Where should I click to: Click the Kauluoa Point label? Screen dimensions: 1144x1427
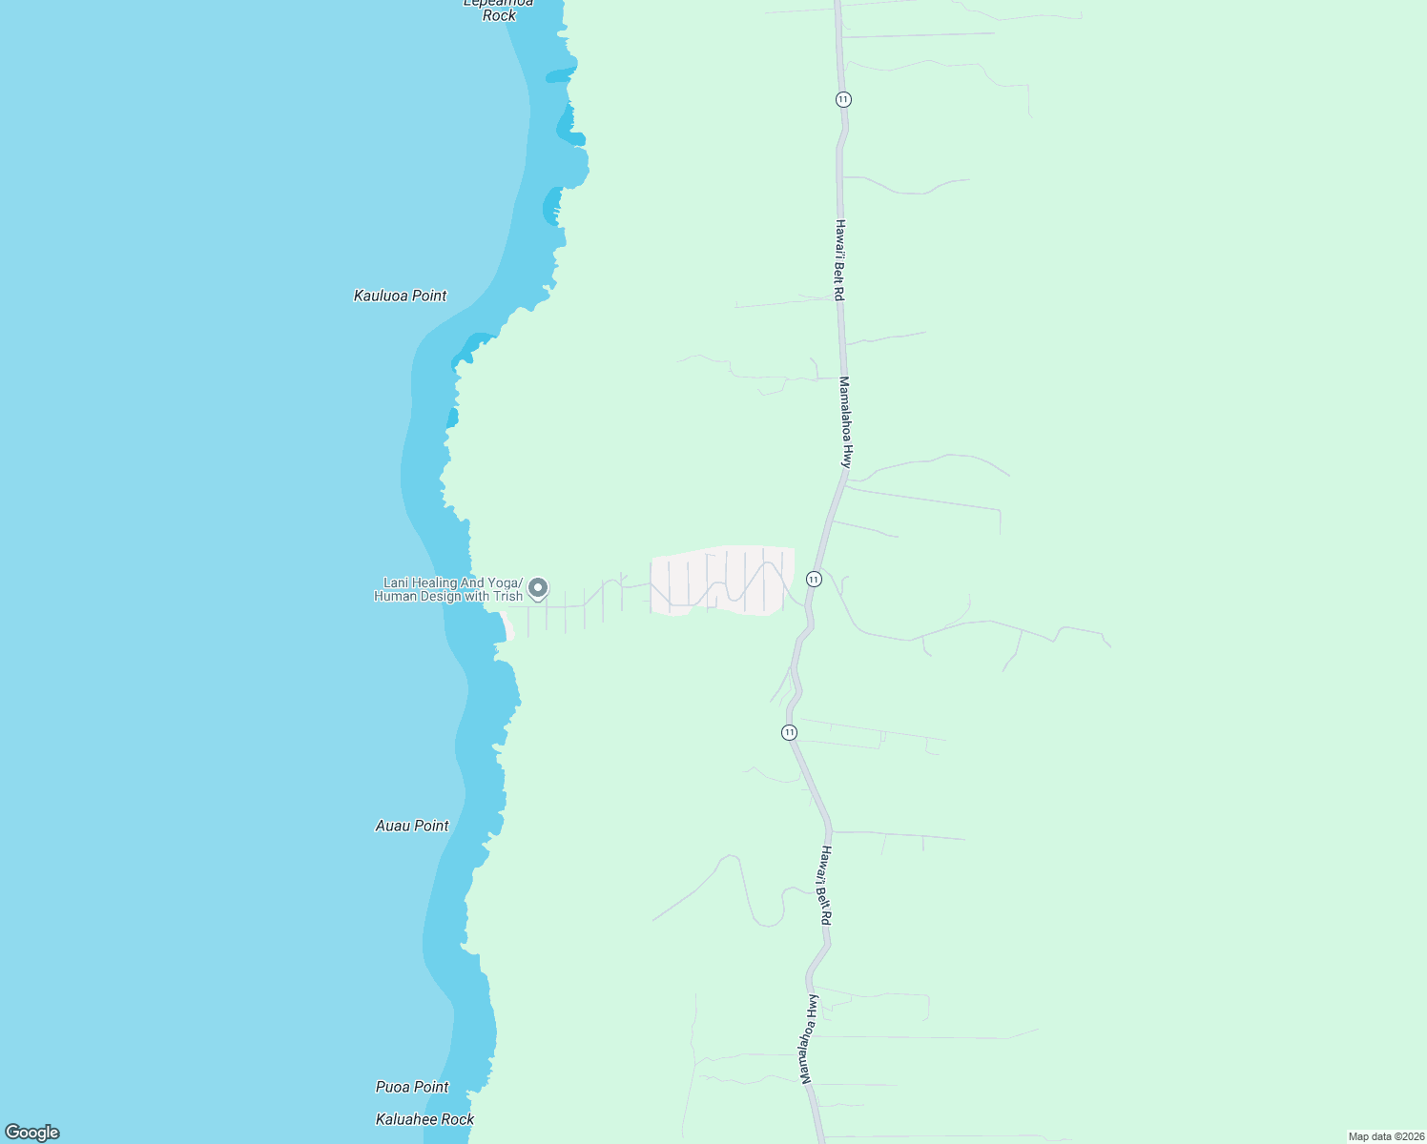pos(400,296)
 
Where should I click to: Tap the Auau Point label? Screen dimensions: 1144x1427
pos(412,826)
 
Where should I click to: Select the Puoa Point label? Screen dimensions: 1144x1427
pos(412,1087)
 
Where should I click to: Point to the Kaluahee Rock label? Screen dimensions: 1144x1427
pos(424,1119)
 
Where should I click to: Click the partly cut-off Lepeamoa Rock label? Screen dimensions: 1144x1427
pos(499,9)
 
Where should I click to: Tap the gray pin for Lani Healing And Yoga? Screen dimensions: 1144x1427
pos(538,588)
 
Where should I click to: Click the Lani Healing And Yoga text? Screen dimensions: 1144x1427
pos(452,582)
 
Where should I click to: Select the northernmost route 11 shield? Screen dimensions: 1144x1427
pos(843,99)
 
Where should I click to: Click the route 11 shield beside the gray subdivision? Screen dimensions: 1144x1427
pos(814,579)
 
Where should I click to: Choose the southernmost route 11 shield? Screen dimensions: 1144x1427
pos(789,732)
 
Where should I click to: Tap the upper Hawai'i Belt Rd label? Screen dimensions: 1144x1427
pos(839,261)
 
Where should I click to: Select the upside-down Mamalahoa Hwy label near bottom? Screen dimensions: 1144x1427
pos(809,1039)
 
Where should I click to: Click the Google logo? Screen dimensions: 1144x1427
pos(32,1133)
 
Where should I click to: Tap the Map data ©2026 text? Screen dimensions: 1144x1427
pos(1385,1136)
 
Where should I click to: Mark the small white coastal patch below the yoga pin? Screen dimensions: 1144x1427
pos(508,629)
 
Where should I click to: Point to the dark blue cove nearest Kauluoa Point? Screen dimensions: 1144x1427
pos(472,346)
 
